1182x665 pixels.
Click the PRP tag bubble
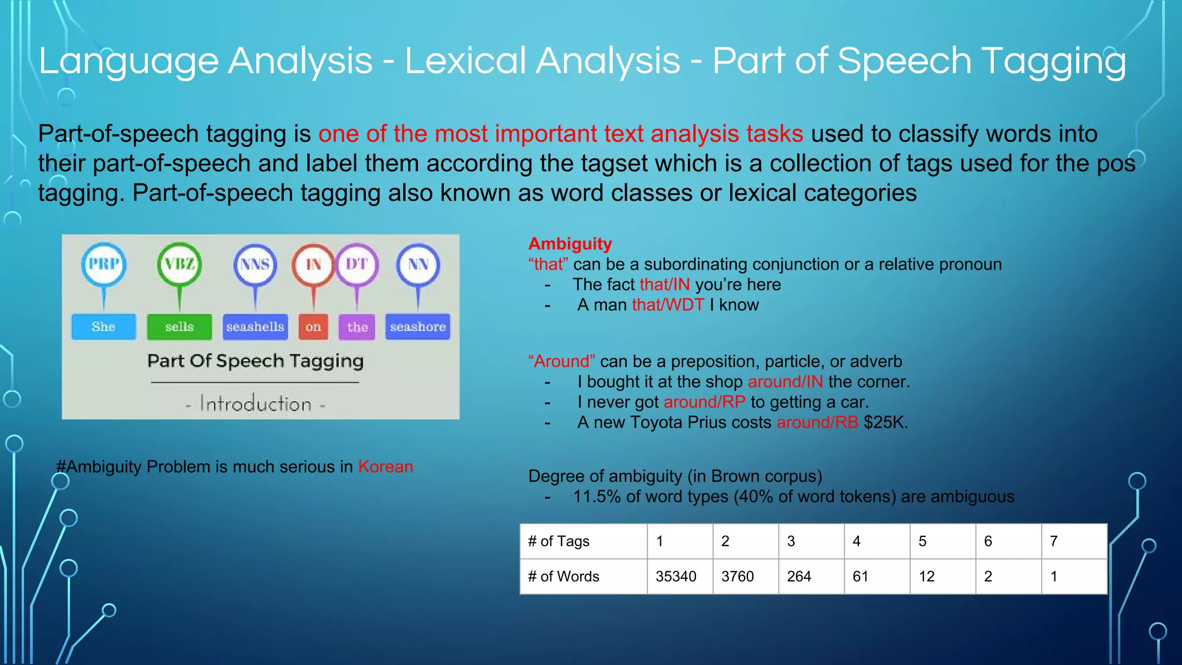104,264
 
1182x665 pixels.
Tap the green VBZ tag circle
179,264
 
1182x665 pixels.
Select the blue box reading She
104,327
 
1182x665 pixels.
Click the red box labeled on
313,327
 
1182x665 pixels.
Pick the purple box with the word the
357,327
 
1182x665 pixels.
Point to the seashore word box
418,327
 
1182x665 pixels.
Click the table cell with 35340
676,576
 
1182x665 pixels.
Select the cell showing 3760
738,576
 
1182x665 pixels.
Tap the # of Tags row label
559,541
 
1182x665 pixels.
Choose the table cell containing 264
799,576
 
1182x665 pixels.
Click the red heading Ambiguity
570,244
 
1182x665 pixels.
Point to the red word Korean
386,466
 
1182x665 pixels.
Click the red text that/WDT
668,305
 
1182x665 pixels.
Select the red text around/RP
704,402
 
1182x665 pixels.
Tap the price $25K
885,423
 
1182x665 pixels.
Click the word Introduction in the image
256,404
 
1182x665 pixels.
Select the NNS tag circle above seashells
255,264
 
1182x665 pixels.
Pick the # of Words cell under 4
861,576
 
